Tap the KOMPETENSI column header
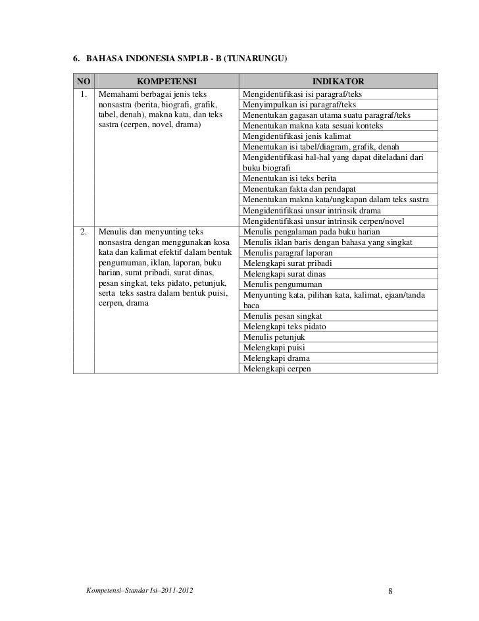pyautogui.click(x=166, y=82)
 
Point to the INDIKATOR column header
pyautogui.click(x=338, y=82)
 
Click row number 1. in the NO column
pyautogui.click(x=82, y=94)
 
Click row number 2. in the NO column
pyautogui.click(x=82, y=232)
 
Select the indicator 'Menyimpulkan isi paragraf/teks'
pyautogui.click(x=299, y=104)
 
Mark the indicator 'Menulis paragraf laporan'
pyautogui.click(x=288, y=253)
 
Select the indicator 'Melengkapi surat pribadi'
pyautogui.click(x=284, y=263)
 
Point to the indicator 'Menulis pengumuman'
pyautogui.click(x=281, y=284)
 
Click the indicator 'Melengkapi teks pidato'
pyautogui.click(x=285, y=327)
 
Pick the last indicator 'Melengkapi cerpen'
pyautogui.click(x=276, y=369)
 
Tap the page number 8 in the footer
pyautogui.click(x=390, y=589)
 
